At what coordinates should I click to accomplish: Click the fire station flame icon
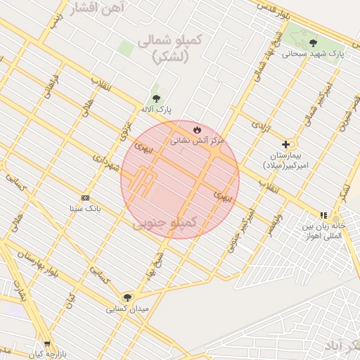pyautogui.click(x=198, y=130)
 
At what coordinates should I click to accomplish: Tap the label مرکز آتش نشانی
pyautogui.click(x=197, y=141)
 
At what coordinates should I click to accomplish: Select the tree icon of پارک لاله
pyautogui.click(x=155, y=99)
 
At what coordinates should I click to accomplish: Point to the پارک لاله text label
pyautogui.click(x=155, y=110)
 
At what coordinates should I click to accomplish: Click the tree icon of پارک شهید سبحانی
pyautogui.click(x=313, y=42)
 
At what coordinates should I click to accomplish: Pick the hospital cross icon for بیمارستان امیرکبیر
pyautogui.click(x=285, y=143)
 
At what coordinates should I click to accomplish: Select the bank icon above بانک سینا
pyautogui.click(x=86, y=198)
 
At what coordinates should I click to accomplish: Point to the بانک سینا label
pyautogui.click(x=86, y=209)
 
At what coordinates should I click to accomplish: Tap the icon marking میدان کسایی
pyautogui.click(x=127, y=297)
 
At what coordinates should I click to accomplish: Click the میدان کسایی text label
pyautogui.click(x=127, y=309)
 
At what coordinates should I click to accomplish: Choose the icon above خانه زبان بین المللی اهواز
pyautogui.click(x=323, y=215)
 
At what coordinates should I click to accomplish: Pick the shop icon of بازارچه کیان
pyautogui.click(x=48, y=345)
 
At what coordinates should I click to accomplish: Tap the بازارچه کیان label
pyautogui.click(x=48, y=355)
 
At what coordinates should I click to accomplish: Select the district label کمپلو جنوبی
pyautogui.click(x=176, y=223)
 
